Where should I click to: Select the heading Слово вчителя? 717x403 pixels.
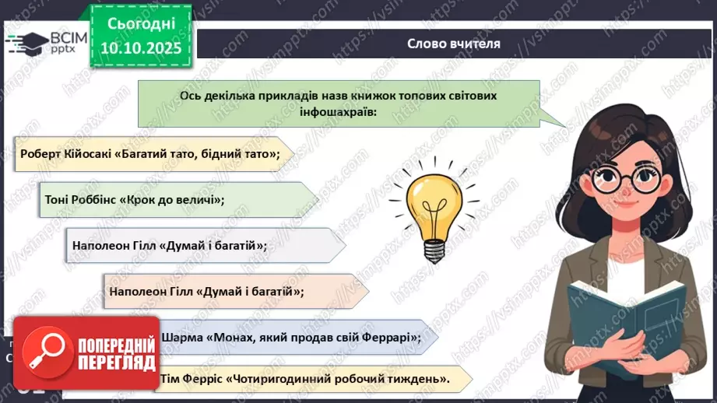click(454, 44)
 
